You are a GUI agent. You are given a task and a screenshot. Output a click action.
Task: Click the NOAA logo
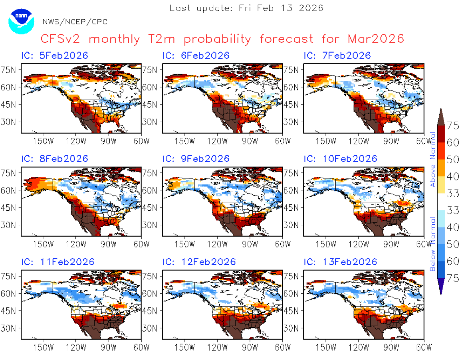pyautogui.click(x=21, y=22)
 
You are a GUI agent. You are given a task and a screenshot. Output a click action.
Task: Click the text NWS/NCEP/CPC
pyautogui.click(x=75, y=22)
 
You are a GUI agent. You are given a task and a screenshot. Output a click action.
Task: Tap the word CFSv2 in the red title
pyautogui.click(x=60, y=39)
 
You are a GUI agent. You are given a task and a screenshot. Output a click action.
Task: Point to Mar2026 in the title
pyautogui.click(x=376, y=39)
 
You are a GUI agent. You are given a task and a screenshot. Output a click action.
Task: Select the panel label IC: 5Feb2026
pyautogui.click(x=55, y=55)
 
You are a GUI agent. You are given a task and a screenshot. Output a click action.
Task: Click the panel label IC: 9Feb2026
pyautogui.click(x=196, y=158)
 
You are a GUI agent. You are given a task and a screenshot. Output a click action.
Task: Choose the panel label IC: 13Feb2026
pyautogui.click(x=340, y=262)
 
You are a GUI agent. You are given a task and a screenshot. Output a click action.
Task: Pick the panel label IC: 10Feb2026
pyautogui.click(x=340, y=158)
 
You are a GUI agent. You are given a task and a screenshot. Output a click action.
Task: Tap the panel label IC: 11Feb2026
pyautogui.click(x=58, y=262)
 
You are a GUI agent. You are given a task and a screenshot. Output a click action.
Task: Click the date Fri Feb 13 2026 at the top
pyautogui.click(x=281, y=8)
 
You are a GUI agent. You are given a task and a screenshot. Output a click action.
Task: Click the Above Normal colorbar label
pyautogui.click(x=433, y=159)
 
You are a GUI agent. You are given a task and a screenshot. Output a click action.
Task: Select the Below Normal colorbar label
pyautogui.click(x=433, y=244)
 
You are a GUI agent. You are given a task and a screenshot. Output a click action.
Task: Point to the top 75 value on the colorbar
pyautogui.click(x=453, y=126)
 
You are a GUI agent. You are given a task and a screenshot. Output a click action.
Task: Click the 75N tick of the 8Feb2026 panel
pyautogui.click(x=8, y=173)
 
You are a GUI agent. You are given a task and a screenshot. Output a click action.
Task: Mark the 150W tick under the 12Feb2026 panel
pyautogui.click(x=184, y=347)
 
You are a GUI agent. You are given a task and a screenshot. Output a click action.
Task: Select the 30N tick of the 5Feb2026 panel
pyautogui.click(x=8, y=122)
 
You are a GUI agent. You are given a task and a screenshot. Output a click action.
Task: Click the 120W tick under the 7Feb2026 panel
pyautogui.click(x=359, y=141)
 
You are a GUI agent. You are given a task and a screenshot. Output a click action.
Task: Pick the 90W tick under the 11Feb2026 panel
pyautogui.click(x=109, y=347)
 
